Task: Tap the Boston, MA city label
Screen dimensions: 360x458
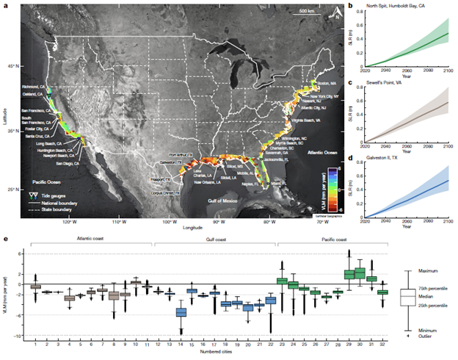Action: pyautogui.click(x=327, y=83)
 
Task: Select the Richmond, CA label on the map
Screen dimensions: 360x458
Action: pyautogui.click(x=34, y=86)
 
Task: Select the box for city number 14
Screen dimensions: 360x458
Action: pyautogui.click(x=181, y=312)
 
